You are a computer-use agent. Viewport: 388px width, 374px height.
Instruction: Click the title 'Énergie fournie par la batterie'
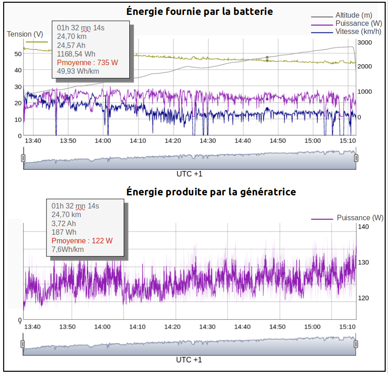coord(199,12)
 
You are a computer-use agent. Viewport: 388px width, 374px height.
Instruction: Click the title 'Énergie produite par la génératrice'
coord(211,192)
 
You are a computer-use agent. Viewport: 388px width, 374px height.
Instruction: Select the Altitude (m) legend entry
coord(354,15)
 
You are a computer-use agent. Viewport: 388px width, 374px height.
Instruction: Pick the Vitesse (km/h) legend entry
coord(358,32)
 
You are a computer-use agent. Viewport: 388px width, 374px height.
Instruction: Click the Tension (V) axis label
coord(25,34)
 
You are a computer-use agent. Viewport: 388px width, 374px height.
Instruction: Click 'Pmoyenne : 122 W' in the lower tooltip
coord(82,241)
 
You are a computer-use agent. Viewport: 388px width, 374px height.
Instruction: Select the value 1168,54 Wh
coord(76,54)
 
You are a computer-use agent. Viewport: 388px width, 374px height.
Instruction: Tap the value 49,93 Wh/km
coord(78,71)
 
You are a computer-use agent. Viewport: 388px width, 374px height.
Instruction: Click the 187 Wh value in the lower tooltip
coord(64,232)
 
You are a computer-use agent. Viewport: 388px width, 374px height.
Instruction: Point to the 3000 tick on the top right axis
coord(364,42)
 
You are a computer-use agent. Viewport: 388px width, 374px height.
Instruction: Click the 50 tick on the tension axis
coord(18,53)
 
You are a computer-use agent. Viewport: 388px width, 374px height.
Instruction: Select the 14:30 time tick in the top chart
coord(208,141)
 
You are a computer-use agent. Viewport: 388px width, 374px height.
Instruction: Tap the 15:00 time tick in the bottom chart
coord(312,327)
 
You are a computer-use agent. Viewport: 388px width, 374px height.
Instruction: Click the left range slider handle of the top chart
coord(23,158)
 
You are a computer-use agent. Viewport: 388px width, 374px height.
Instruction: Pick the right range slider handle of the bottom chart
coord(356,344)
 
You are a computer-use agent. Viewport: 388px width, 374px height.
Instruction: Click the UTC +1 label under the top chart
coord(189,174)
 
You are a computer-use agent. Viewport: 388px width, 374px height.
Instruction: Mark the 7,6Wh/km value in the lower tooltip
coord(68,249)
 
